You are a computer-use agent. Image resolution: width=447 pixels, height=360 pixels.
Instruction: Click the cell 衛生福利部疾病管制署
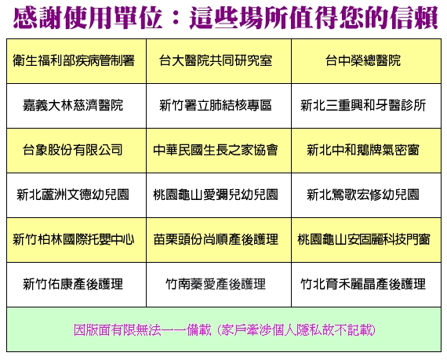(x=76, y=61)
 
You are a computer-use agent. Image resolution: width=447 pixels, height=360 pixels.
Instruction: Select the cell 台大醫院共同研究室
(x=219, y=61)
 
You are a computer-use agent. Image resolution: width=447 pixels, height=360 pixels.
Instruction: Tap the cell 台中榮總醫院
(x=366, y=61)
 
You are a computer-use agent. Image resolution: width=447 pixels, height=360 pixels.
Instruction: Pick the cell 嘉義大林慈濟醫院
(x=76, y=106)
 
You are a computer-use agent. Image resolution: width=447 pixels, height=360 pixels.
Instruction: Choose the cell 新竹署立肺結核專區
(x=219, y=106)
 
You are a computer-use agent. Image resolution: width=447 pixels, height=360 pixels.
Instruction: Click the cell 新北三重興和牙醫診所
(x=366, y=106)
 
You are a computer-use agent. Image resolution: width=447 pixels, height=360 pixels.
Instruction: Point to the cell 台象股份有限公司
(x=76, y=151)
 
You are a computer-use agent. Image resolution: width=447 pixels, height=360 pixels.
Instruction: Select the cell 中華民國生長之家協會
(x=219, y=151)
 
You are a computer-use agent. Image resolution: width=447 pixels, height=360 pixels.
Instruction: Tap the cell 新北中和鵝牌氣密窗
(x=366, y=151)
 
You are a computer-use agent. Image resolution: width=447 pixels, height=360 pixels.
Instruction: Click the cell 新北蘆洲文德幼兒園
(x=76, y=195)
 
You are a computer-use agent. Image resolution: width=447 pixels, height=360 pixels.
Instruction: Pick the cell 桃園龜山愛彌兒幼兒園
(x=219, y=195)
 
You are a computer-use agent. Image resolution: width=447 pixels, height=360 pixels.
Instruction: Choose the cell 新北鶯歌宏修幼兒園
(x=366, y=195)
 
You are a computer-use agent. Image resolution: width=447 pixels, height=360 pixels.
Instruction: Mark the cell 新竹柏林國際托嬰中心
(x=76, y=240)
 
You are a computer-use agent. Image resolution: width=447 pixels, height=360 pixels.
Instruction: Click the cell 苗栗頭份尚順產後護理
(x=219, y=240)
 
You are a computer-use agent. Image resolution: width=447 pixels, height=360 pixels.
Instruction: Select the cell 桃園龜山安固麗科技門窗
(x=366, y=240)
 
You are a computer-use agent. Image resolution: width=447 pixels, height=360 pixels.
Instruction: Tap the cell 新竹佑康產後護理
(x=76, y=285)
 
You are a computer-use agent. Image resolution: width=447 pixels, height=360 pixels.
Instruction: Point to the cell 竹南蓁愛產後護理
(x=219, y=285)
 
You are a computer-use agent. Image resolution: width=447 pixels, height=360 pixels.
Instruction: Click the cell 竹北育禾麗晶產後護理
(x=366, y=285)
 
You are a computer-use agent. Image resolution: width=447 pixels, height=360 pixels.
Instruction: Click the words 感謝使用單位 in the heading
(x=88, y=18)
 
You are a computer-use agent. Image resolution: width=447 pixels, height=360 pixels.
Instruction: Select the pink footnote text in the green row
(x=224, y=330)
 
